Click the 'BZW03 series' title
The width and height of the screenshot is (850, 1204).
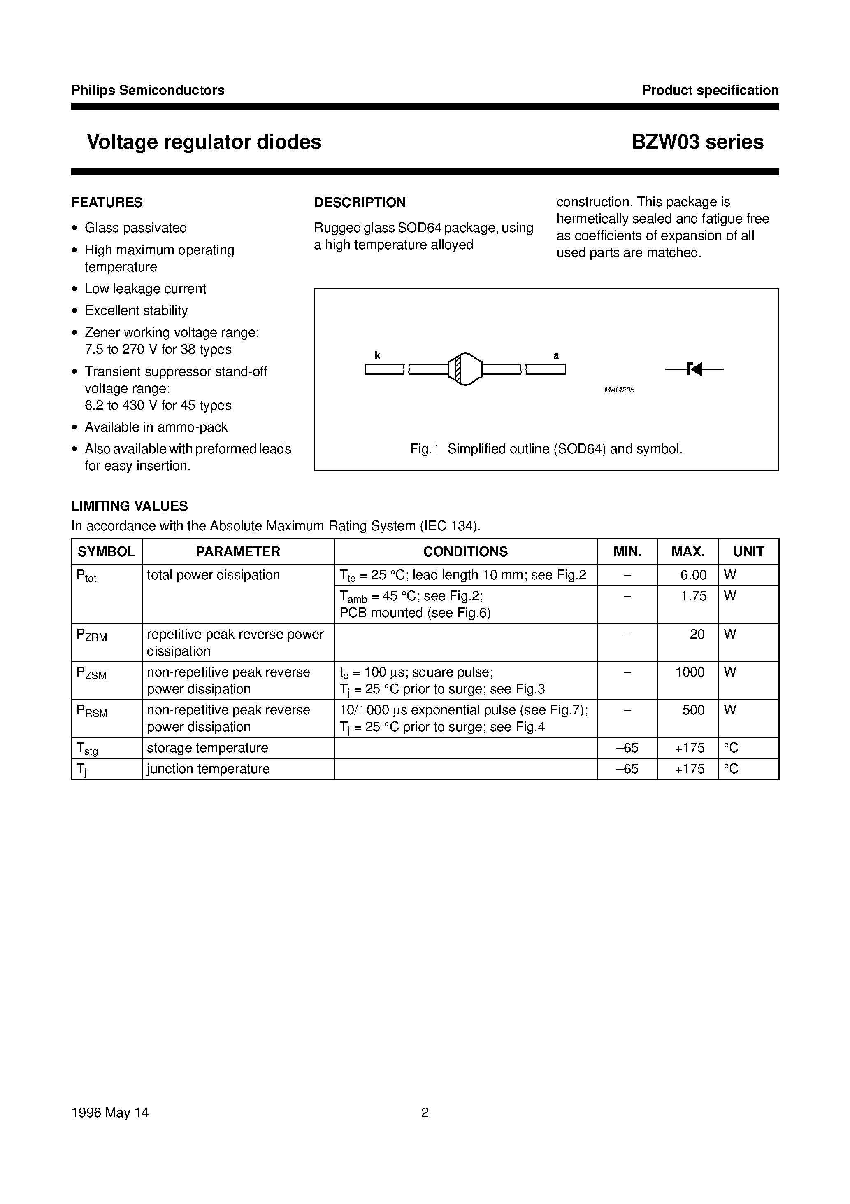(697, 142)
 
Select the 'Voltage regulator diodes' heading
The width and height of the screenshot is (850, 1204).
(204, 142)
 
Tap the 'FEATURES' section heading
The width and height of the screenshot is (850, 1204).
(107, 203)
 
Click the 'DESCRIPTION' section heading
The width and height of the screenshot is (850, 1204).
(360, 203)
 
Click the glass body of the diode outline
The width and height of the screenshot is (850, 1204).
(465, 370)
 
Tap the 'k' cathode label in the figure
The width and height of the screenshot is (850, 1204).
(377, 355)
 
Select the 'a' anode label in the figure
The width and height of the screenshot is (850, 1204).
(556, 355)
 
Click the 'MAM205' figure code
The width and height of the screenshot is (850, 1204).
(619, 390)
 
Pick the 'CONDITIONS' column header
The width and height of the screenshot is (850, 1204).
(465, 552)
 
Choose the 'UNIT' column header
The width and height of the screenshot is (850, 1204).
(748, 552)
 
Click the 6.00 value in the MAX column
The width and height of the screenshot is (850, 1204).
(693, 575)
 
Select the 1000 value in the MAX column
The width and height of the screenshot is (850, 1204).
(690, 672)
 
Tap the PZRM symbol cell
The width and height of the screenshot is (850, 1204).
(92, 635)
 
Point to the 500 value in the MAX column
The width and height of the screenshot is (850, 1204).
(693, 710)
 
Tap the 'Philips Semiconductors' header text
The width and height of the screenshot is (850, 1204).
(148, 90)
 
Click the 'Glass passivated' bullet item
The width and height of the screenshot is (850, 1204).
(136, 228)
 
